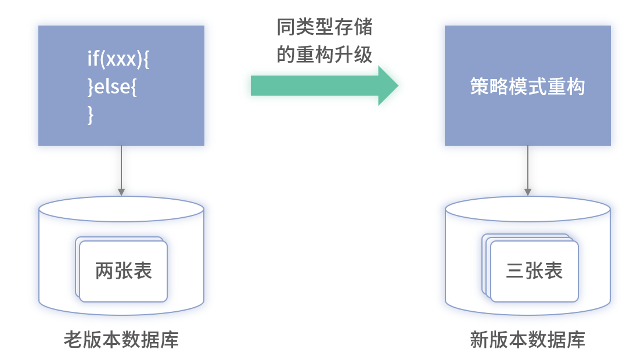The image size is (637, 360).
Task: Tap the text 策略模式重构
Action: point(527,87)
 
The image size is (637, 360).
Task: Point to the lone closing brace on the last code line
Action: point(90,115)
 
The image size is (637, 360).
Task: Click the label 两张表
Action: point(123,271)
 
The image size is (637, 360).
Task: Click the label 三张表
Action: point(534,271)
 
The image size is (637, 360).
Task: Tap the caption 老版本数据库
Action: point(121,340)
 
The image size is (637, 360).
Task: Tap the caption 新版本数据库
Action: point(527,340)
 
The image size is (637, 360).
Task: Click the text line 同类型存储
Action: point(324,27)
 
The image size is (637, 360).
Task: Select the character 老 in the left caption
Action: point(71,340)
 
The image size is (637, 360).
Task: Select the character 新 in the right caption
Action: point(478,340)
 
